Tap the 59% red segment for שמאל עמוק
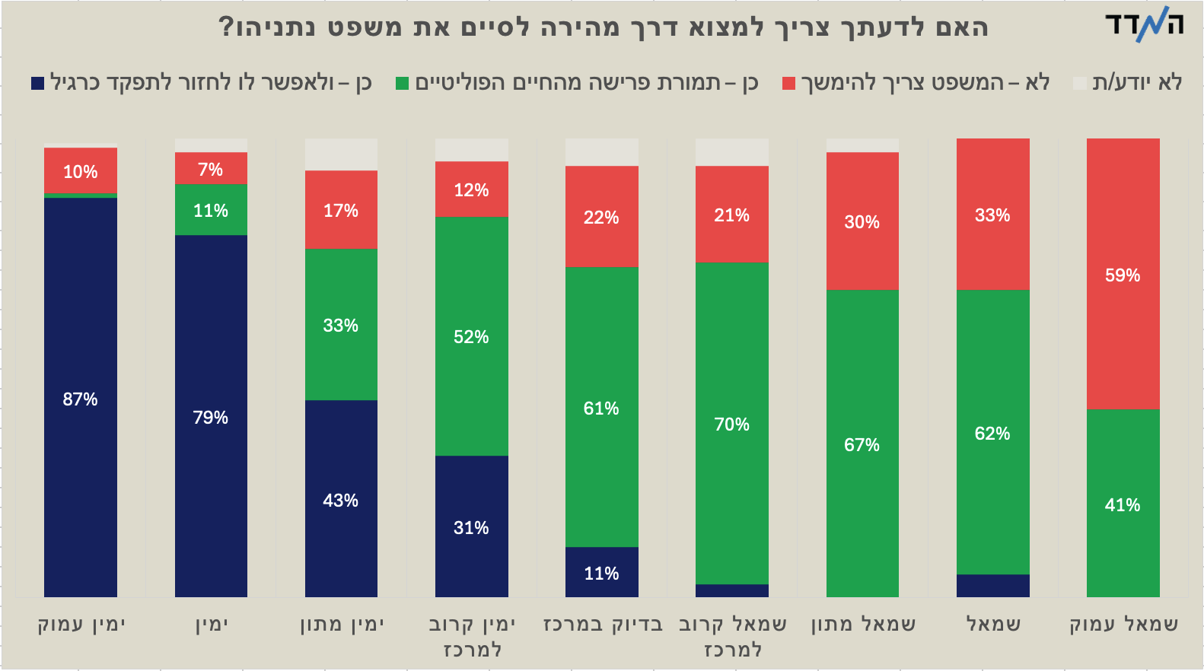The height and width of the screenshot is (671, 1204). (1123, 275)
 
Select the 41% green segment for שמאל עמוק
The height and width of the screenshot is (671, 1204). (1123, 504)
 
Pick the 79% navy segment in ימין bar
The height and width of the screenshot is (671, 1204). (211, 416)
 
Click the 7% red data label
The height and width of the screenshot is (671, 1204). (211, 170)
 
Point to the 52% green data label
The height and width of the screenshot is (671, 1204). (471, 337)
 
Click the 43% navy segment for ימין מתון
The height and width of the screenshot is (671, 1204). (341, 499)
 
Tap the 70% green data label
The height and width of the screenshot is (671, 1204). (731, 425)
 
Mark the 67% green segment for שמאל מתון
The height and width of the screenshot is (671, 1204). (862, 444)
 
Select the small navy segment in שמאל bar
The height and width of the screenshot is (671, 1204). (992, 586)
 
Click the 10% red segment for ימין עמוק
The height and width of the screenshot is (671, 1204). (80, 170)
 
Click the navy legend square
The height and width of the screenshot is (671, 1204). (37, 83)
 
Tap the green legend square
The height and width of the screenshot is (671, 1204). (403, 83)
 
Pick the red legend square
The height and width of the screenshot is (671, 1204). (788, 83)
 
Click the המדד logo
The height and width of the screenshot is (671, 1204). (1145, 24)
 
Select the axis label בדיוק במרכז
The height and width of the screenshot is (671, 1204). (603, 625)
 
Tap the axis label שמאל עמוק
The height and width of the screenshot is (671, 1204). (1123, 625)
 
